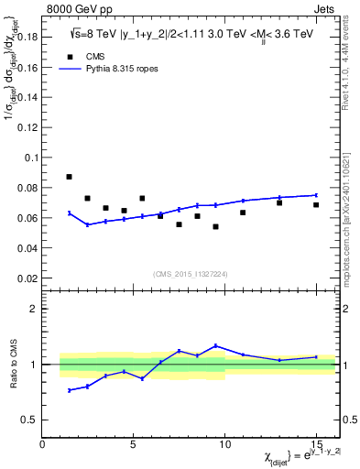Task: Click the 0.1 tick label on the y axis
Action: tap(30, 158)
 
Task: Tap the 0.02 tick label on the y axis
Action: tap(27, 278)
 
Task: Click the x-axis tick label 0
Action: tap(42, 443)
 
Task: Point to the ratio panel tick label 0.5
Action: tap(28, 420)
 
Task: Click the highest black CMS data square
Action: tap(70, 177)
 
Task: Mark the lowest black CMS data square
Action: tap(215, 226)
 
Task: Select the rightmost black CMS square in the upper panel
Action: tap(316, 204)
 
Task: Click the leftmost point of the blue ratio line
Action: tap(70, 390)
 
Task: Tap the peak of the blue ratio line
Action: tap(215, 345)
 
